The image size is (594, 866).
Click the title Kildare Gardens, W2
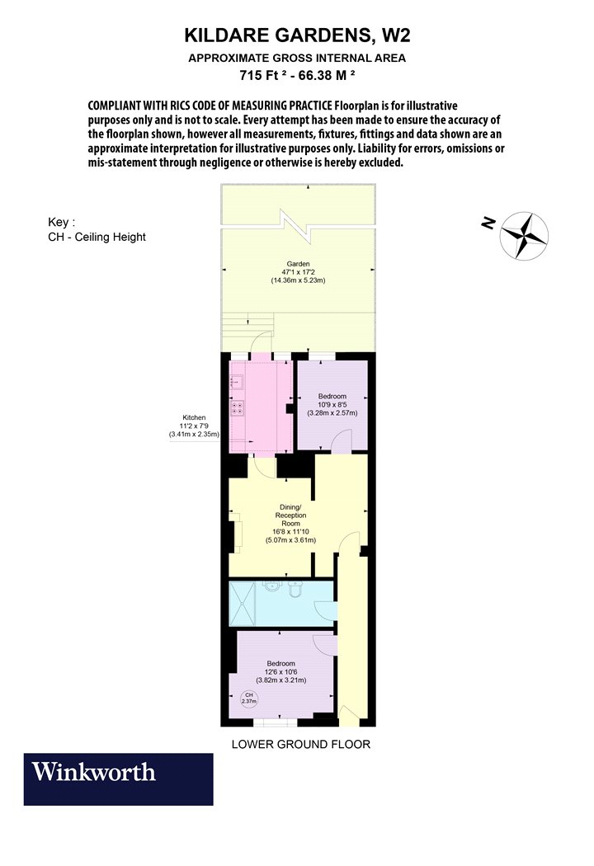[x=297, y=35]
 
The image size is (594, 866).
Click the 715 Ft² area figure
[x=263, y=75]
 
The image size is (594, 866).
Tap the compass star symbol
[x=524, y=236]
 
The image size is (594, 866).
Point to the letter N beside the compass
[x=488, y=223]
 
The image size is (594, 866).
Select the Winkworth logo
[x=118, y=779]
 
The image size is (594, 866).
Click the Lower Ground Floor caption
[x=300, y=744]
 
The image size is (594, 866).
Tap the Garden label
[x=298, y=264]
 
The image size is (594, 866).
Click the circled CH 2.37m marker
[x=249, y=698]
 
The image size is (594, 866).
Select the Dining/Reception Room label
[x=290, y=515]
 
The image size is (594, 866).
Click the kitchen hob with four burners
[x=238, y=408]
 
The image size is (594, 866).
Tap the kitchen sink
[x=237, y=382]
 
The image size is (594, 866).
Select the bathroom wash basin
[x=272, y=585]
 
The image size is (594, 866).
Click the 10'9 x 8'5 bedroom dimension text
[x=332, y=404]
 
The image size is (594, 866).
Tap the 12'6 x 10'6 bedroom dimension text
[x=280, y=671]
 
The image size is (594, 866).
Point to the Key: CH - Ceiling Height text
[x=97, y=229]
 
